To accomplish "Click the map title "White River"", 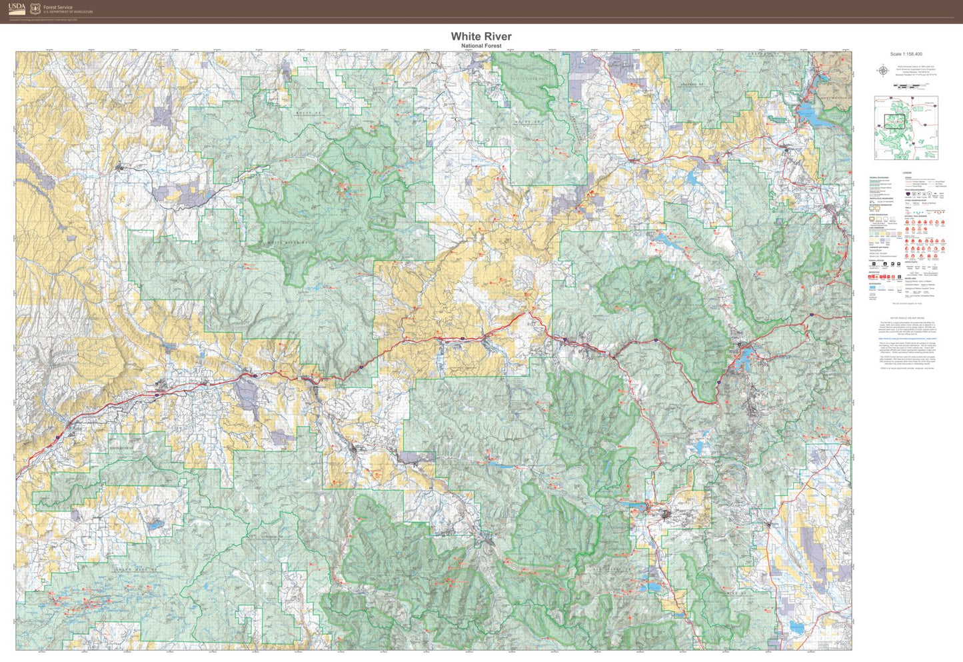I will point(481,36).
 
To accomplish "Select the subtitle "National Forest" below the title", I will point(481,46).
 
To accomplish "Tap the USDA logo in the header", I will point(17,8).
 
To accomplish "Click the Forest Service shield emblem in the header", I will point(35,9).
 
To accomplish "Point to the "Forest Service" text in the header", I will point(57,7).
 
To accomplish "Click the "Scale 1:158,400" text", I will point(906,54).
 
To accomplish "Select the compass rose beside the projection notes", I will point(884,70).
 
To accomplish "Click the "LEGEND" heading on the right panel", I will point(906,173).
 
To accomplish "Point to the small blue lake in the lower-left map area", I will point(155,525).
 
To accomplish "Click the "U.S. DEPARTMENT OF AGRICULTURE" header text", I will point(68,12).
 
